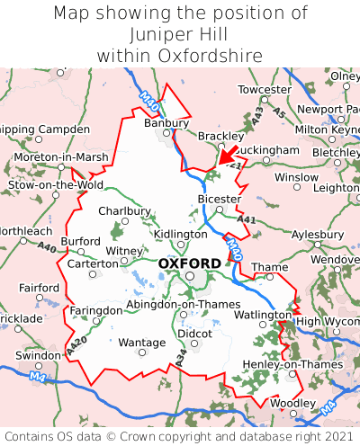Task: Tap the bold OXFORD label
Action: (x=189, y=263)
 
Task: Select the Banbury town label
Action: (x=166, y=123)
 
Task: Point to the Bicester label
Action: (x=219, y=199)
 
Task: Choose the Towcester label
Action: (x=265, y=90)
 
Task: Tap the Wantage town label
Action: (x=142, y=343)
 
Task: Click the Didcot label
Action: (x=195, y=333)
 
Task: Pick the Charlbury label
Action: (x=124, y=210)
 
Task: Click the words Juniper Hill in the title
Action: (x=180, y=35)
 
